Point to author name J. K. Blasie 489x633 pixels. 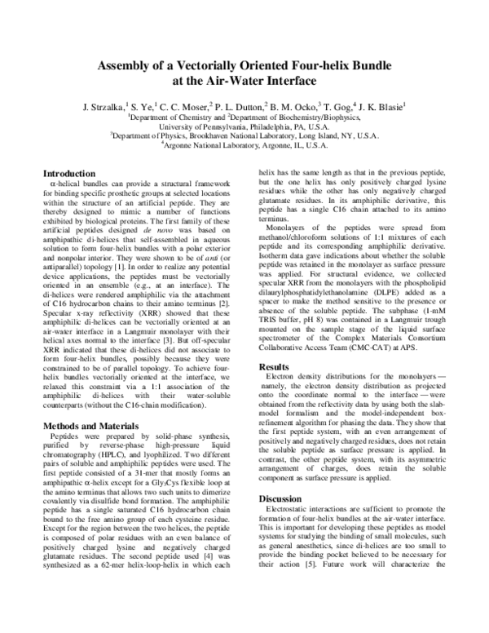click(381, 105)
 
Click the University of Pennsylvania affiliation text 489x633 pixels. click(244, 127)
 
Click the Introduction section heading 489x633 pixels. click(68, 173)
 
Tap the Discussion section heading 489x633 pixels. click(281, 498)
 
